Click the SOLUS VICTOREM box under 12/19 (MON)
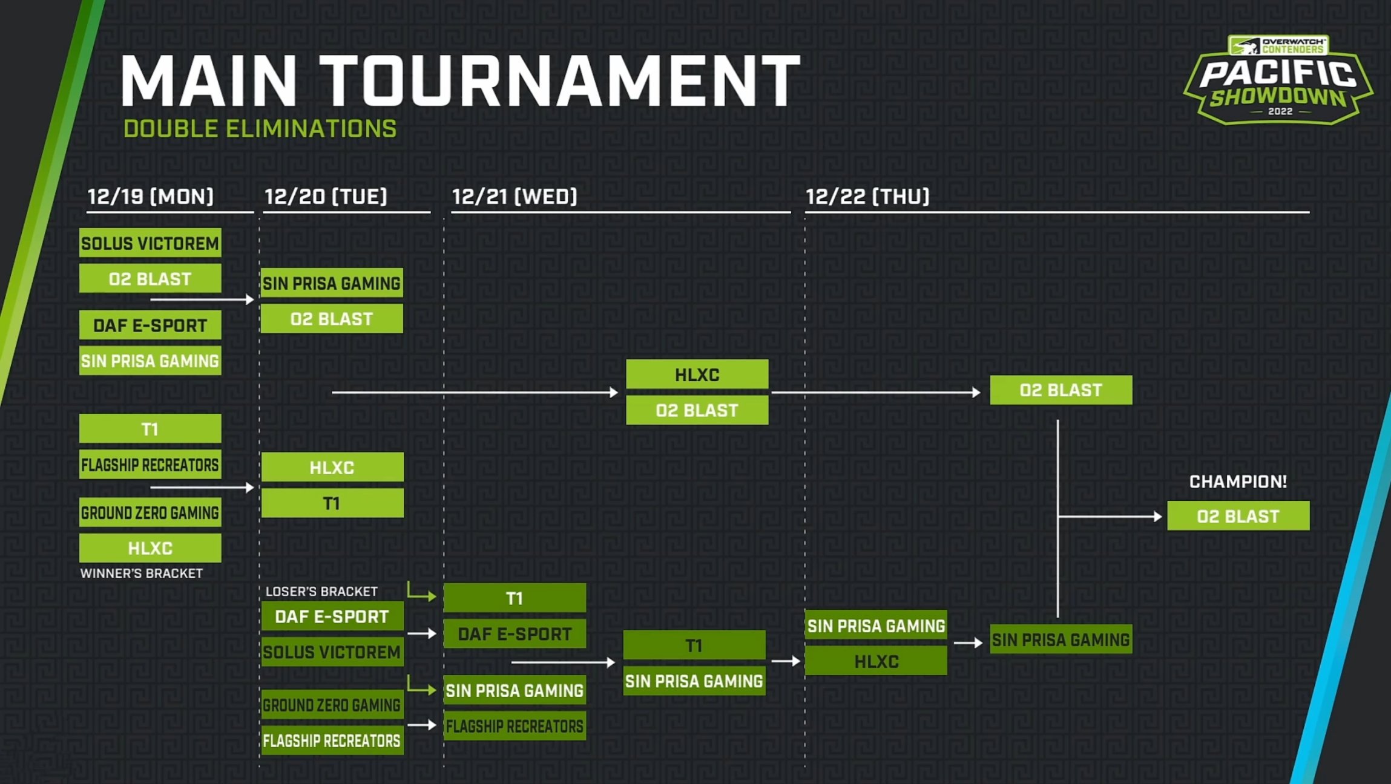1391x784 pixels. point(150,243)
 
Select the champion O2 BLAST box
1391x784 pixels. point(1238,516)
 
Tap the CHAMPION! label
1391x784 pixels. point(1238,482)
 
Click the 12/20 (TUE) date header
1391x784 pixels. point(326,197)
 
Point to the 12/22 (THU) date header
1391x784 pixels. point(867,197)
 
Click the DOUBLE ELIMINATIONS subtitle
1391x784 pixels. point(260,129)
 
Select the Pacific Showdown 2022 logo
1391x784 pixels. point(1278,80)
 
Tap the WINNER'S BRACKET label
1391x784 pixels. point(142,573)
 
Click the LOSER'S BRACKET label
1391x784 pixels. point(321,592)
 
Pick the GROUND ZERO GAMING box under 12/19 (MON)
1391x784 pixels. point(150,513)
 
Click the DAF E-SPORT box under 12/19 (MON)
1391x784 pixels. point(150,325)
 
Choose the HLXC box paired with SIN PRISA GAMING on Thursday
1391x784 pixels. point(876,661)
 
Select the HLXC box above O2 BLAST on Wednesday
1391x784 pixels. point(697,374)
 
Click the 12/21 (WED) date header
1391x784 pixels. point(515,197)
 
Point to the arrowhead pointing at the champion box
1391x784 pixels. point(1158,517)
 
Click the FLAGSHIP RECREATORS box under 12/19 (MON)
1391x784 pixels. point(150,465)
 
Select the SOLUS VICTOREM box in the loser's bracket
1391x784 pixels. point(332,652)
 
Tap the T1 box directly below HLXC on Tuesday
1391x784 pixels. point(332,503)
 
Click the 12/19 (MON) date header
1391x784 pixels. point(151,197)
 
